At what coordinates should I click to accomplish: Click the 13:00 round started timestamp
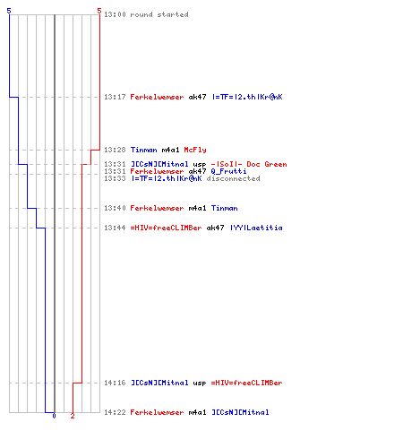(x=115, y=14)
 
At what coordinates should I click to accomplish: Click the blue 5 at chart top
(x=9, y=11)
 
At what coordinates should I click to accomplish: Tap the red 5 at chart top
(x=99, y=11)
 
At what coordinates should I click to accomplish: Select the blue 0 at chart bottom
(x=54, y=416)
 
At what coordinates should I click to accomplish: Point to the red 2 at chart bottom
(x=73, y=416)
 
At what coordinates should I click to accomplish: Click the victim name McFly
(x=195, y=150)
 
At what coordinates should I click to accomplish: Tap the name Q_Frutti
(x=228, y=171)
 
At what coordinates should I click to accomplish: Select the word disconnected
(x=233, y=178)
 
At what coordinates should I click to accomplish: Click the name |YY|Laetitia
(x=256, y=228)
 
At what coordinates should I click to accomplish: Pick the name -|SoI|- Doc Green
(x=249, y=164)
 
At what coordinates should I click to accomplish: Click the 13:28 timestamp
(x=115, y=150)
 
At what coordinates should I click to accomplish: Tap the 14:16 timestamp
(x=115, y=383)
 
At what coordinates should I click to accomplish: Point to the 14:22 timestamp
(x=115, y=412)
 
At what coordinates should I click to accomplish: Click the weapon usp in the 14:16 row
(x=200, y=383)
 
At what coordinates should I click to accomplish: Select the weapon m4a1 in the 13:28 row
(x=170, y=150)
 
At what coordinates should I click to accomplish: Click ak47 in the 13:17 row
(x=197, y=97)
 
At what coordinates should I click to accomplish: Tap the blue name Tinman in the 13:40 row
(x=225, y=208)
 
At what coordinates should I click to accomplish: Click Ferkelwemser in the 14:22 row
(x=157, y=412)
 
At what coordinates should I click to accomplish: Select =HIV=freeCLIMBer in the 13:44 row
(x=166, y=228)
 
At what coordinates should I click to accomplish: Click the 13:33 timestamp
(x=115, y=178)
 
